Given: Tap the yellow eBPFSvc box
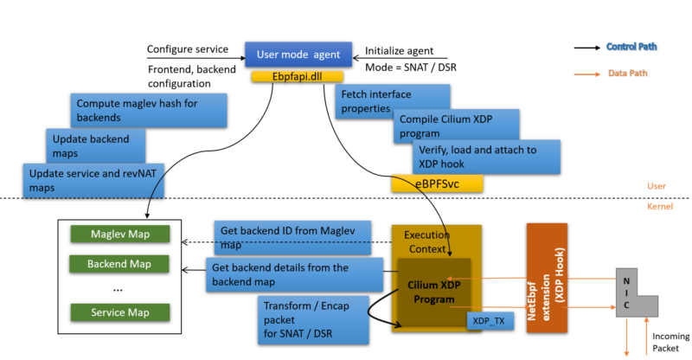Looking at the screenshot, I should pos(436,183).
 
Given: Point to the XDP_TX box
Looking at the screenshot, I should pos(489,321).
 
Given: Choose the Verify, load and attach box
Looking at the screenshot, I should pos(484,156).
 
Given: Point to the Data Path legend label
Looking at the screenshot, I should pos(628,74).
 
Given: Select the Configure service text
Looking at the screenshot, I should pos(188,49).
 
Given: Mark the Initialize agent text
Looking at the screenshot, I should pos(399,50).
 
